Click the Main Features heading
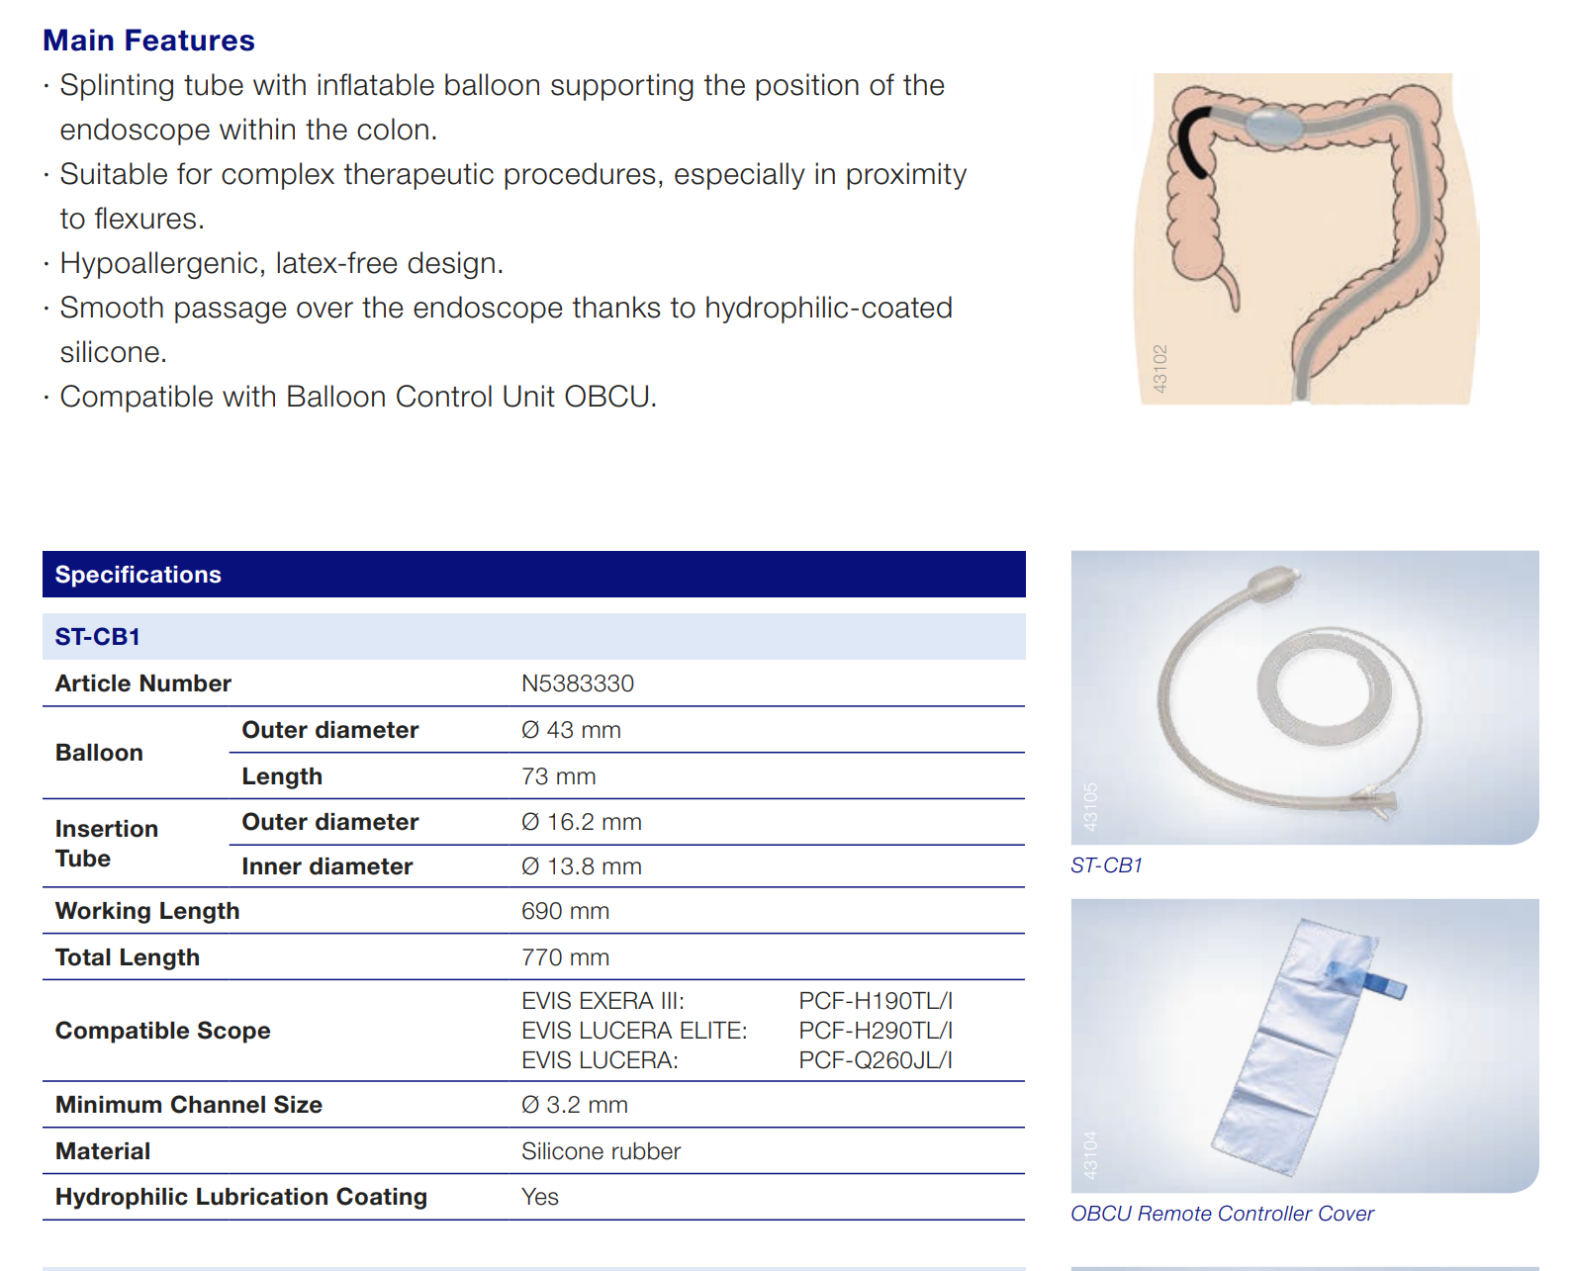click(148, 41)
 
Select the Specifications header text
click(138, 575)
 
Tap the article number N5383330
click(577, 683)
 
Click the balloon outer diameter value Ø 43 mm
click(571, 730)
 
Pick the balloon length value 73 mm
click(558, 776)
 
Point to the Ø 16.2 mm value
click(582, 822)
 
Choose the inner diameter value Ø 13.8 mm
click(582, 866)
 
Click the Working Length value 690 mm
click(565, 911)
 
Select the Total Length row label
click(128, 956)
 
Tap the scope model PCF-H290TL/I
click(876, 1030)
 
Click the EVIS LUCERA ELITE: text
click(634, 1030)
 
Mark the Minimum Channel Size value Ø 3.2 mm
click(574, 1104)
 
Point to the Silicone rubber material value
click(601, 1151)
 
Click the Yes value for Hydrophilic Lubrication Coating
click(540, 1196)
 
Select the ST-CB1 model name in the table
click(97, 636)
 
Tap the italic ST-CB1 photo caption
click(1106, 865)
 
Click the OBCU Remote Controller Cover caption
click(1222, 1214)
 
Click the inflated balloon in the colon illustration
click(1274, 125)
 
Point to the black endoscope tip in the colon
click(1191, 140)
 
